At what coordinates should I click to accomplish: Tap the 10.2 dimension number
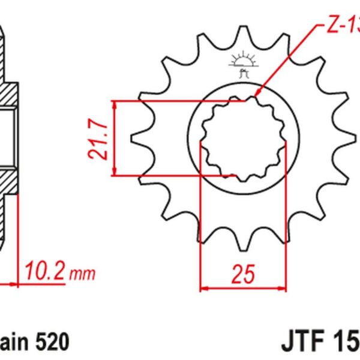45,274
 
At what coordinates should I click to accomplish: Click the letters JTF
303,343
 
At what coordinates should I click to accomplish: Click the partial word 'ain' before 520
15,343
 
